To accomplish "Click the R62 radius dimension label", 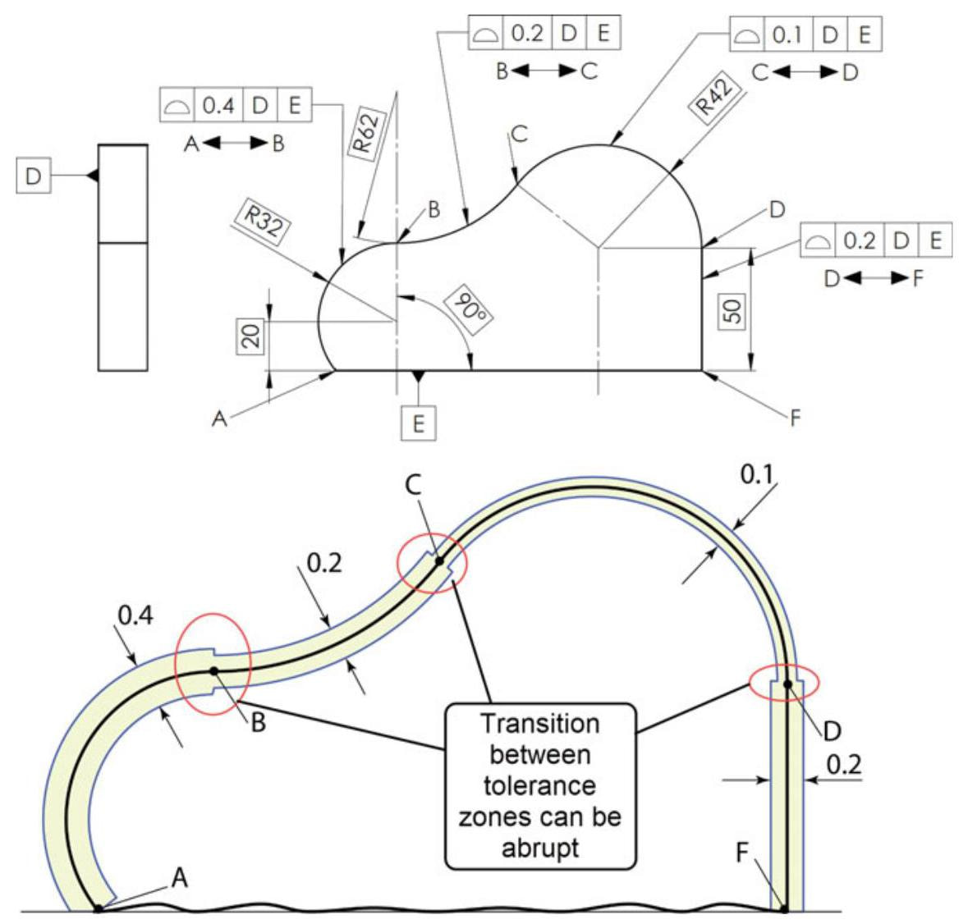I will (x=366, y=132).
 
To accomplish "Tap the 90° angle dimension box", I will (x=470, y=313).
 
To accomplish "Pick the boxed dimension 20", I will (x=252, y=336).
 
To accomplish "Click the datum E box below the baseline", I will (x=419, y=424).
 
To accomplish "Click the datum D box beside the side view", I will (x=34, y=176).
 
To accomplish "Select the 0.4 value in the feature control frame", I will (x=218, y=105).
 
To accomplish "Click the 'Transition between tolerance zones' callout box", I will (x=540, y=785).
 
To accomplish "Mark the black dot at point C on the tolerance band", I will (x=439, y=561).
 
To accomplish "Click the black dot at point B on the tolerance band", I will (x=213, y=670).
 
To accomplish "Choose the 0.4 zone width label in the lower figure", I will (x=134, y=615).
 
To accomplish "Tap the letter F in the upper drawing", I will (x=794, y=419).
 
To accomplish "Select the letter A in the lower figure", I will (x=180, y=878).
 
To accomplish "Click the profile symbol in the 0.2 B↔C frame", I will (x=485, y=34).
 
